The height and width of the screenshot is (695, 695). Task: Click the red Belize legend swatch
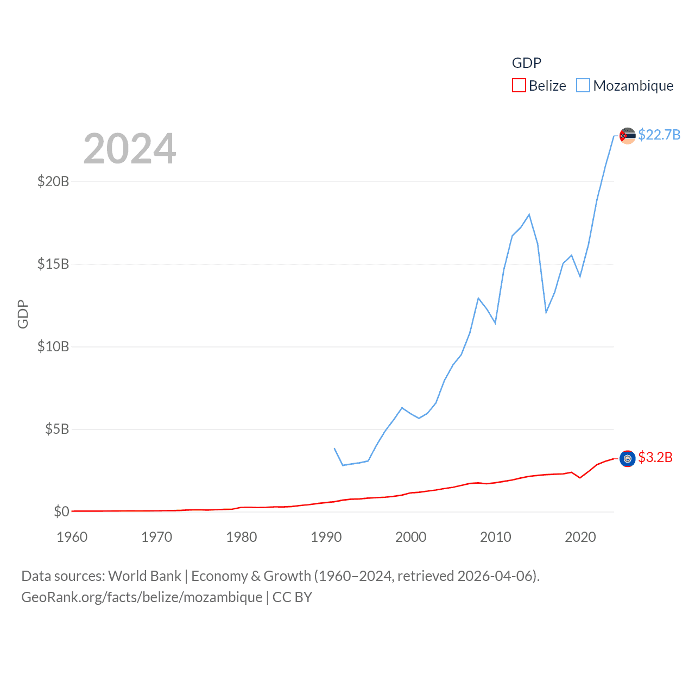519,86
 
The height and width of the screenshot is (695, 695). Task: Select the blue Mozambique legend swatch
583,86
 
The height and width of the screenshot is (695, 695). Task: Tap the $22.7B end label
659,135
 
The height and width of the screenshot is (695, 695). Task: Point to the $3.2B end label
655,457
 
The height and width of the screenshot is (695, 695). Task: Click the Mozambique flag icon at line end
628,136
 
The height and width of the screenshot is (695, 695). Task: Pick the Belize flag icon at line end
628,459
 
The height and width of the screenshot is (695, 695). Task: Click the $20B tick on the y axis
53,181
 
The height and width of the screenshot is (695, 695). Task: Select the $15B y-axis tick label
53,264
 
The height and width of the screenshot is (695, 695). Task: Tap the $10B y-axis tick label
53,346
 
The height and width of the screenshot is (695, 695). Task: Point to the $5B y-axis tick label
57,429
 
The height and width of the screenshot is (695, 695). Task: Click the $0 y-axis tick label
61,511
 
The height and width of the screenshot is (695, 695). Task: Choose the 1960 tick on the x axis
72,537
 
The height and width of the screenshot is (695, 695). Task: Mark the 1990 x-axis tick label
326,537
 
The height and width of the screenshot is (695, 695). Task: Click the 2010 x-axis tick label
496,537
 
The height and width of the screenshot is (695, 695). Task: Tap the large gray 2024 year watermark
130,149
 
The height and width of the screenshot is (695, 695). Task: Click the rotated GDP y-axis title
23,314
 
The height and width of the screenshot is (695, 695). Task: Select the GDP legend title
527,63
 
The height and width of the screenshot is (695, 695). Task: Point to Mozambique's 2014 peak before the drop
529,214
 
